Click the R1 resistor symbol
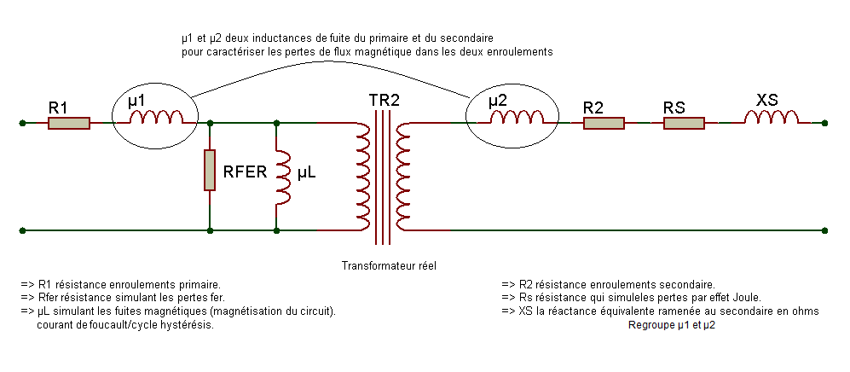click(69, 124)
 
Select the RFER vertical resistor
click(210, 170)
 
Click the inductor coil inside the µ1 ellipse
click(155, 117)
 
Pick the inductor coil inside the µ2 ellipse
click(517, 117)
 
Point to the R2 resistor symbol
click(604, 124)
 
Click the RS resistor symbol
click(684, 124)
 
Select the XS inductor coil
click(771, 117)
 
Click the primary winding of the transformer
click(364, 177)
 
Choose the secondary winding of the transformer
click(403, 177)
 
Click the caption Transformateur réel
click(389, 266)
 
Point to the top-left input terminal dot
click(22, 123)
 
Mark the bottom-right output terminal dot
click(824, 230)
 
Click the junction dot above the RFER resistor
click(210, 123)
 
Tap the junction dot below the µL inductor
click(276, 230)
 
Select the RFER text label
click(246, 173)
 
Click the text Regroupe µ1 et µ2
click(672, 325)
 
